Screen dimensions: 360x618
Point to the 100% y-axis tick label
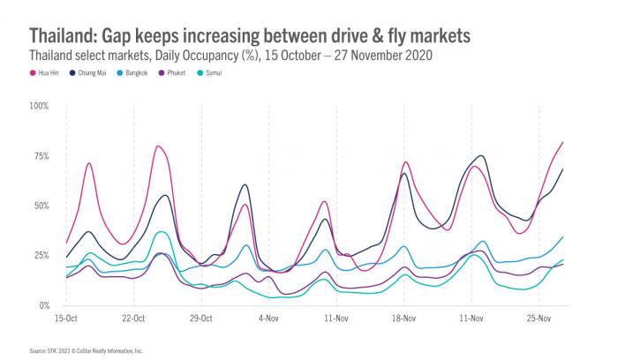pyautogui.click(x=39, y=106)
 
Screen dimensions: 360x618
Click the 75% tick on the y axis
pyautogui.click(x=41, y=156)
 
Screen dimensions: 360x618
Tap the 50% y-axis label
pyautogui.click(x=41, y=206)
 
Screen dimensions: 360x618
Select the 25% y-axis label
pyautogui.click(x=41, y=256)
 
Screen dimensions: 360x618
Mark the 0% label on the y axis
pyautogui.click(x=43, y=305)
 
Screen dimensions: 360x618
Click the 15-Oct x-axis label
pyautogui.click(x=66, y=316)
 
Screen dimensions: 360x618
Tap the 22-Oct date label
pyautogui.click(x=133, y=316)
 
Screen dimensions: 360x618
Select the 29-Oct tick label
pyautogui.click(x=200, y=316)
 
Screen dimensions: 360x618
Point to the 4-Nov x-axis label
pyautogui.click(x=268, y=316)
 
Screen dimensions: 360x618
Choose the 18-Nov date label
pyautogui.click(x=403, y=316)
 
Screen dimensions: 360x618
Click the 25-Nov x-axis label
pyautogui.click(x=538, y=316)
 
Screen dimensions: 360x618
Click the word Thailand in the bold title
pyautogui.click(x=63, y=35)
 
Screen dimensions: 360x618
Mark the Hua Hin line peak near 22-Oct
pyautogui.click(x=157, y=146)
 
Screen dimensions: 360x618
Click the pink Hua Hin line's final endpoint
pyautogui.click(x=563, y=142)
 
